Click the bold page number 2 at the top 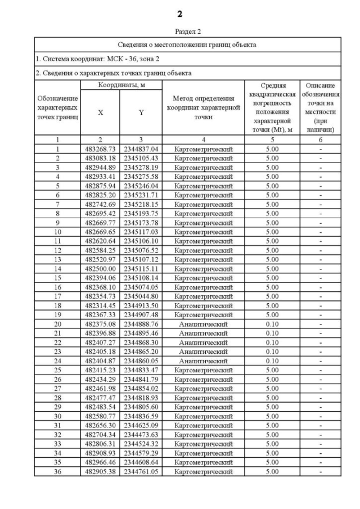(179, 13)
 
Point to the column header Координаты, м (121, 85)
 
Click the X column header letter (101, 112)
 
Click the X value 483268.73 (101, 149)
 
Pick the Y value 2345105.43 (141, 158)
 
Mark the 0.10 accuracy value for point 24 (272, 361)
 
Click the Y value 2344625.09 (141, 425)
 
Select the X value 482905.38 (101, 471)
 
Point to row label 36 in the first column (57, 471)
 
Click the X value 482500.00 (101, 269)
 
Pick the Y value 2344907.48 (141, 315)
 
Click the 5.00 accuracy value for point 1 (272, 149)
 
